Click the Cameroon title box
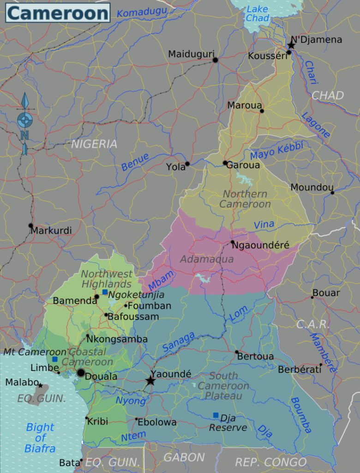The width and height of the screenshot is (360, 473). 58,13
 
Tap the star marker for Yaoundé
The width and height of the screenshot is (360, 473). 150,381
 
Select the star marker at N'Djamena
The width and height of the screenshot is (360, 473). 291,45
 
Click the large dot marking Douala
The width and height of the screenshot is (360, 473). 81,373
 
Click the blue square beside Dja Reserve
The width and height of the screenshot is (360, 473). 216,415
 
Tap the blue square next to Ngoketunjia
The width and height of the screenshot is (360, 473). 105,292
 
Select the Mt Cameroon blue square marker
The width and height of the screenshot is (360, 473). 55,359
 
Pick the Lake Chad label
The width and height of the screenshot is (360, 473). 258,14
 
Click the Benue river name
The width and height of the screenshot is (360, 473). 135,162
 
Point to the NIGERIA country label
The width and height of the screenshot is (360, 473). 94,144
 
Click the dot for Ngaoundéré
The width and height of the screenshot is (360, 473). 233,242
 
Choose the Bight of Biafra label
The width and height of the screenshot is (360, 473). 40,437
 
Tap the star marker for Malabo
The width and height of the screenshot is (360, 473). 40,385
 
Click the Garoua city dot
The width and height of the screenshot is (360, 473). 225,163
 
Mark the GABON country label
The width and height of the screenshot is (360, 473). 184,457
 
